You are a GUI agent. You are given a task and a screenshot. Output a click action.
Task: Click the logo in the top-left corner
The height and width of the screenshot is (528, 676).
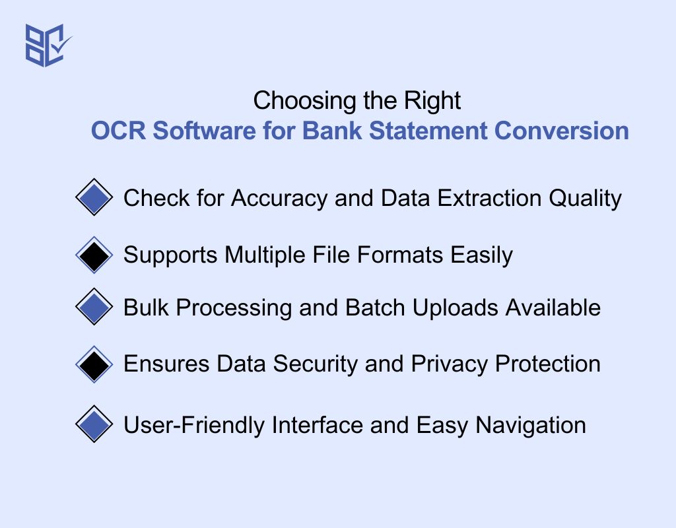tap(48, 45)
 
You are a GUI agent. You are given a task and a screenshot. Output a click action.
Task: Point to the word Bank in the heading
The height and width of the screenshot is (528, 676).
tap(330, 131)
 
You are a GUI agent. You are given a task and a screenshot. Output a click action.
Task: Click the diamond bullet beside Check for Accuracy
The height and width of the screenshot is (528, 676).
tap(95, 197)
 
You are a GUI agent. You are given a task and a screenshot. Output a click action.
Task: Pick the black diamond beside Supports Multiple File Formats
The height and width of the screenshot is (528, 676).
tap(95, 255)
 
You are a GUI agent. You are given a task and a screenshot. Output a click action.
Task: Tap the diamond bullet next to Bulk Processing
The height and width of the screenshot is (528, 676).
tap(95, 307)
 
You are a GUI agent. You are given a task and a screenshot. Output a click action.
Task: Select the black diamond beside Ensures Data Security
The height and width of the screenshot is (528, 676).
tap(95, 364)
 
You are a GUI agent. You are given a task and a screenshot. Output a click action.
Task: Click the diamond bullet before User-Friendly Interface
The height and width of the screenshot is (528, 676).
tap(95, 424)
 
